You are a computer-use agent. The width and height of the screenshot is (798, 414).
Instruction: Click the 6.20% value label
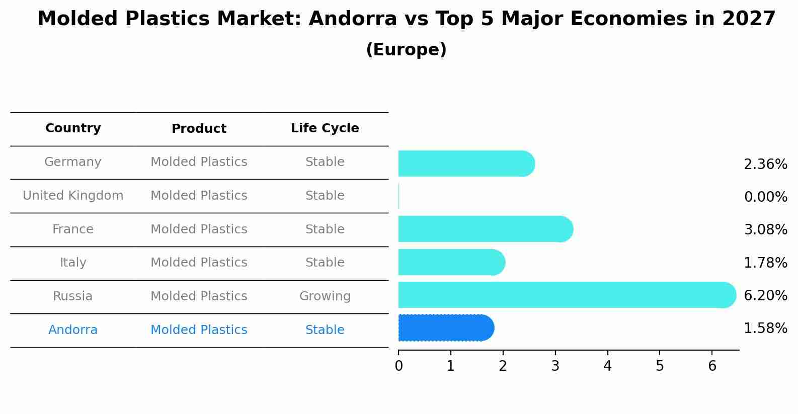765,295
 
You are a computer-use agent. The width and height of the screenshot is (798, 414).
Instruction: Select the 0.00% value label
765,197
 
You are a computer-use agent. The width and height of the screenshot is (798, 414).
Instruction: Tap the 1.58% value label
765,328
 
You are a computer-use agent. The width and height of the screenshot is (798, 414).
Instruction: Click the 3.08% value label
765,230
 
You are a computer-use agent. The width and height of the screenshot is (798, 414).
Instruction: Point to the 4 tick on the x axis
607,366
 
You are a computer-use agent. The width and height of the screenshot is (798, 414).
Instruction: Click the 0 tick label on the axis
398,366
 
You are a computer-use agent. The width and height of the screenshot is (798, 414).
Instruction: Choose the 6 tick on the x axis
712,366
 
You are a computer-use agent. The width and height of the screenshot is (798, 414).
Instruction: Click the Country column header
73,128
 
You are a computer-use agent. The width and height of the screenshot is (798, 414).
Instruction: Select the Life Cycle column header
325,128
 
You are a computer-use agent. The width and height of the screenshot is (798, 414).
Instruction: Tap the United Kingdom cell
73,196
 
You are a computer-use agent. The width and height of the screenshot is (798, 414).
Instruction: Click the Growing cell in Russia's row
325,296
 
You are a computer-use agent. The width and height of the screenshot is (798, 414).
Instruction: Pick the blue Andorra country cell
73,330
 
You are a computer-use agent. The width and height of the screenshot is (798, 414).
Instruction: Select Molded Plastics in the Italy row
199,263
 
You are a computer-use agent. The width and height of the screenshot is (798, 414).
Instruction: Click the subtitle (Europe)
406,50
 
